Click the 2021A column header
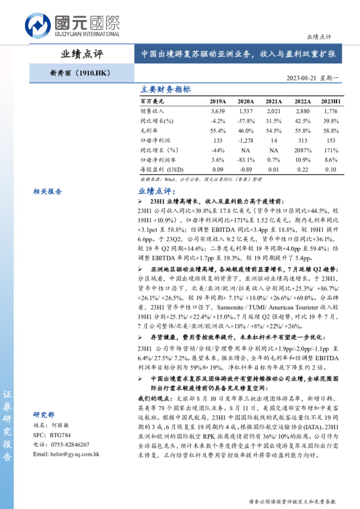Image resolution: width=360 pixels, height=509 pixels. click(x=273, y=101)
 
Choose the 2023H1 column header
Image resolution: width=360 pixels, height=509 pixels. click(x=330, y=101)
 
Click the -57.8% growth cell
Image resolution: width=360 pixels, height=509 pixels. click(x=246, y=121)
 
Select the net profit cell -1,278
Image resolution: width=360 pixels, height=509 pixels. click(x=246, y=140)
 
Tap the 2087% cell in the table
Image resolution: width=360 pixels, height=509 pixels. click(x=302, y=149)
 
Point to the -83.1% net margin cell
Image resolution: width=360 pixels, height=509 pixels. click(x=246, y=159)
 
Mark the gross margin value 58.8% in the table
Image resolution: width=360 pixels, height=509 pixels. click(x=330, y=131)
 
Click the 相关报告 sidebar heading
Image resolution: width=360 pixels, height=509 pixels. click(x=47, y=191)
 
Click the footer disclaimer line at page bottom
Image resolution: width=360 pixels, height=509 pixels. click(x=292, y=501)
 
